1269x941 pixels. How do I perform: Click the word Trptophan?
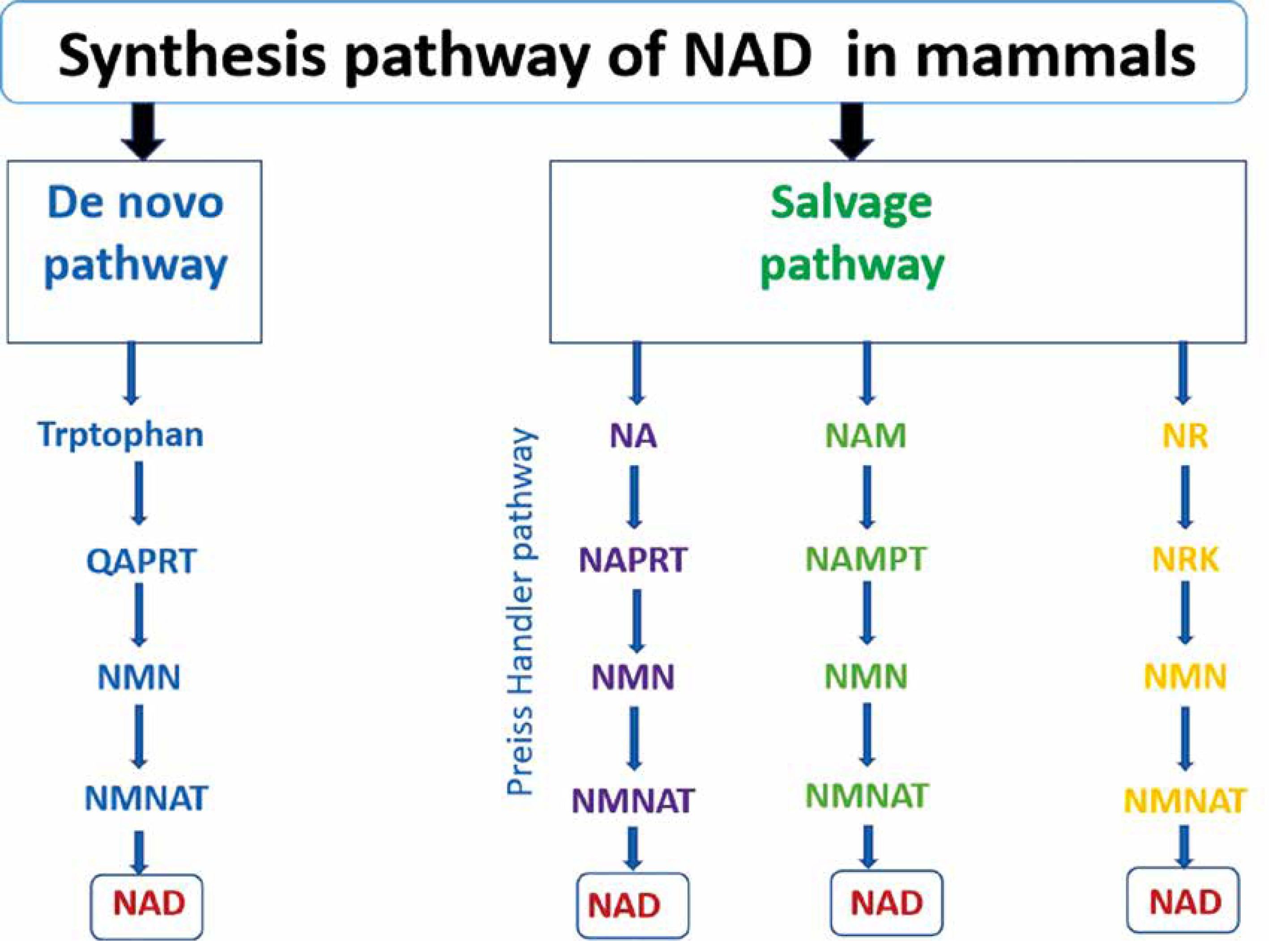(121, 434)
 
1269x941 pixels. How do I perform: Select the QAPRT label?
(141, 561)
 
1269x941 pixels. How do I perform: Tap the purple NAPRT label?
(632, 560)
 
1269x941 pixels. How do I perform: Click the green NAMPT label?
(866, 559)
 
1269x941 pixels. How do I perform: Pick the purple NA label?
(633, 436)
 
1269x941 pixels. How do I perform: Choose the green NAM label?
(866, 436)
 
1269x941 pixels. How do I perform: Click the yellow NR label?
(1185, 437)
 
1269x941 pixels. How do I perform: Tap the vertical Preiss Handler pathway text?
(521, 612)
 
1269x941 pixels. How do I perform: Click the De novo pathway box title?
(135, 234)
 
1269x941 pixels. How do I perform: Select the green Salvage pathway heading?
(852, 234)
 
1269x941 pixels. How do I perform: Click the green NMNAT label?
(867, 796)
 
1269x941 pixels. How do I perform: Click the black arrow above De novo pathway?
(143, 131)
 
